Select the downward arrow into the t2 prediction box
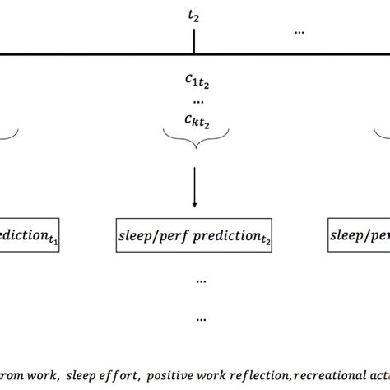coord(194,188)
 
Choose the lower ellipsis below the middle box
coord(201,318)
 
